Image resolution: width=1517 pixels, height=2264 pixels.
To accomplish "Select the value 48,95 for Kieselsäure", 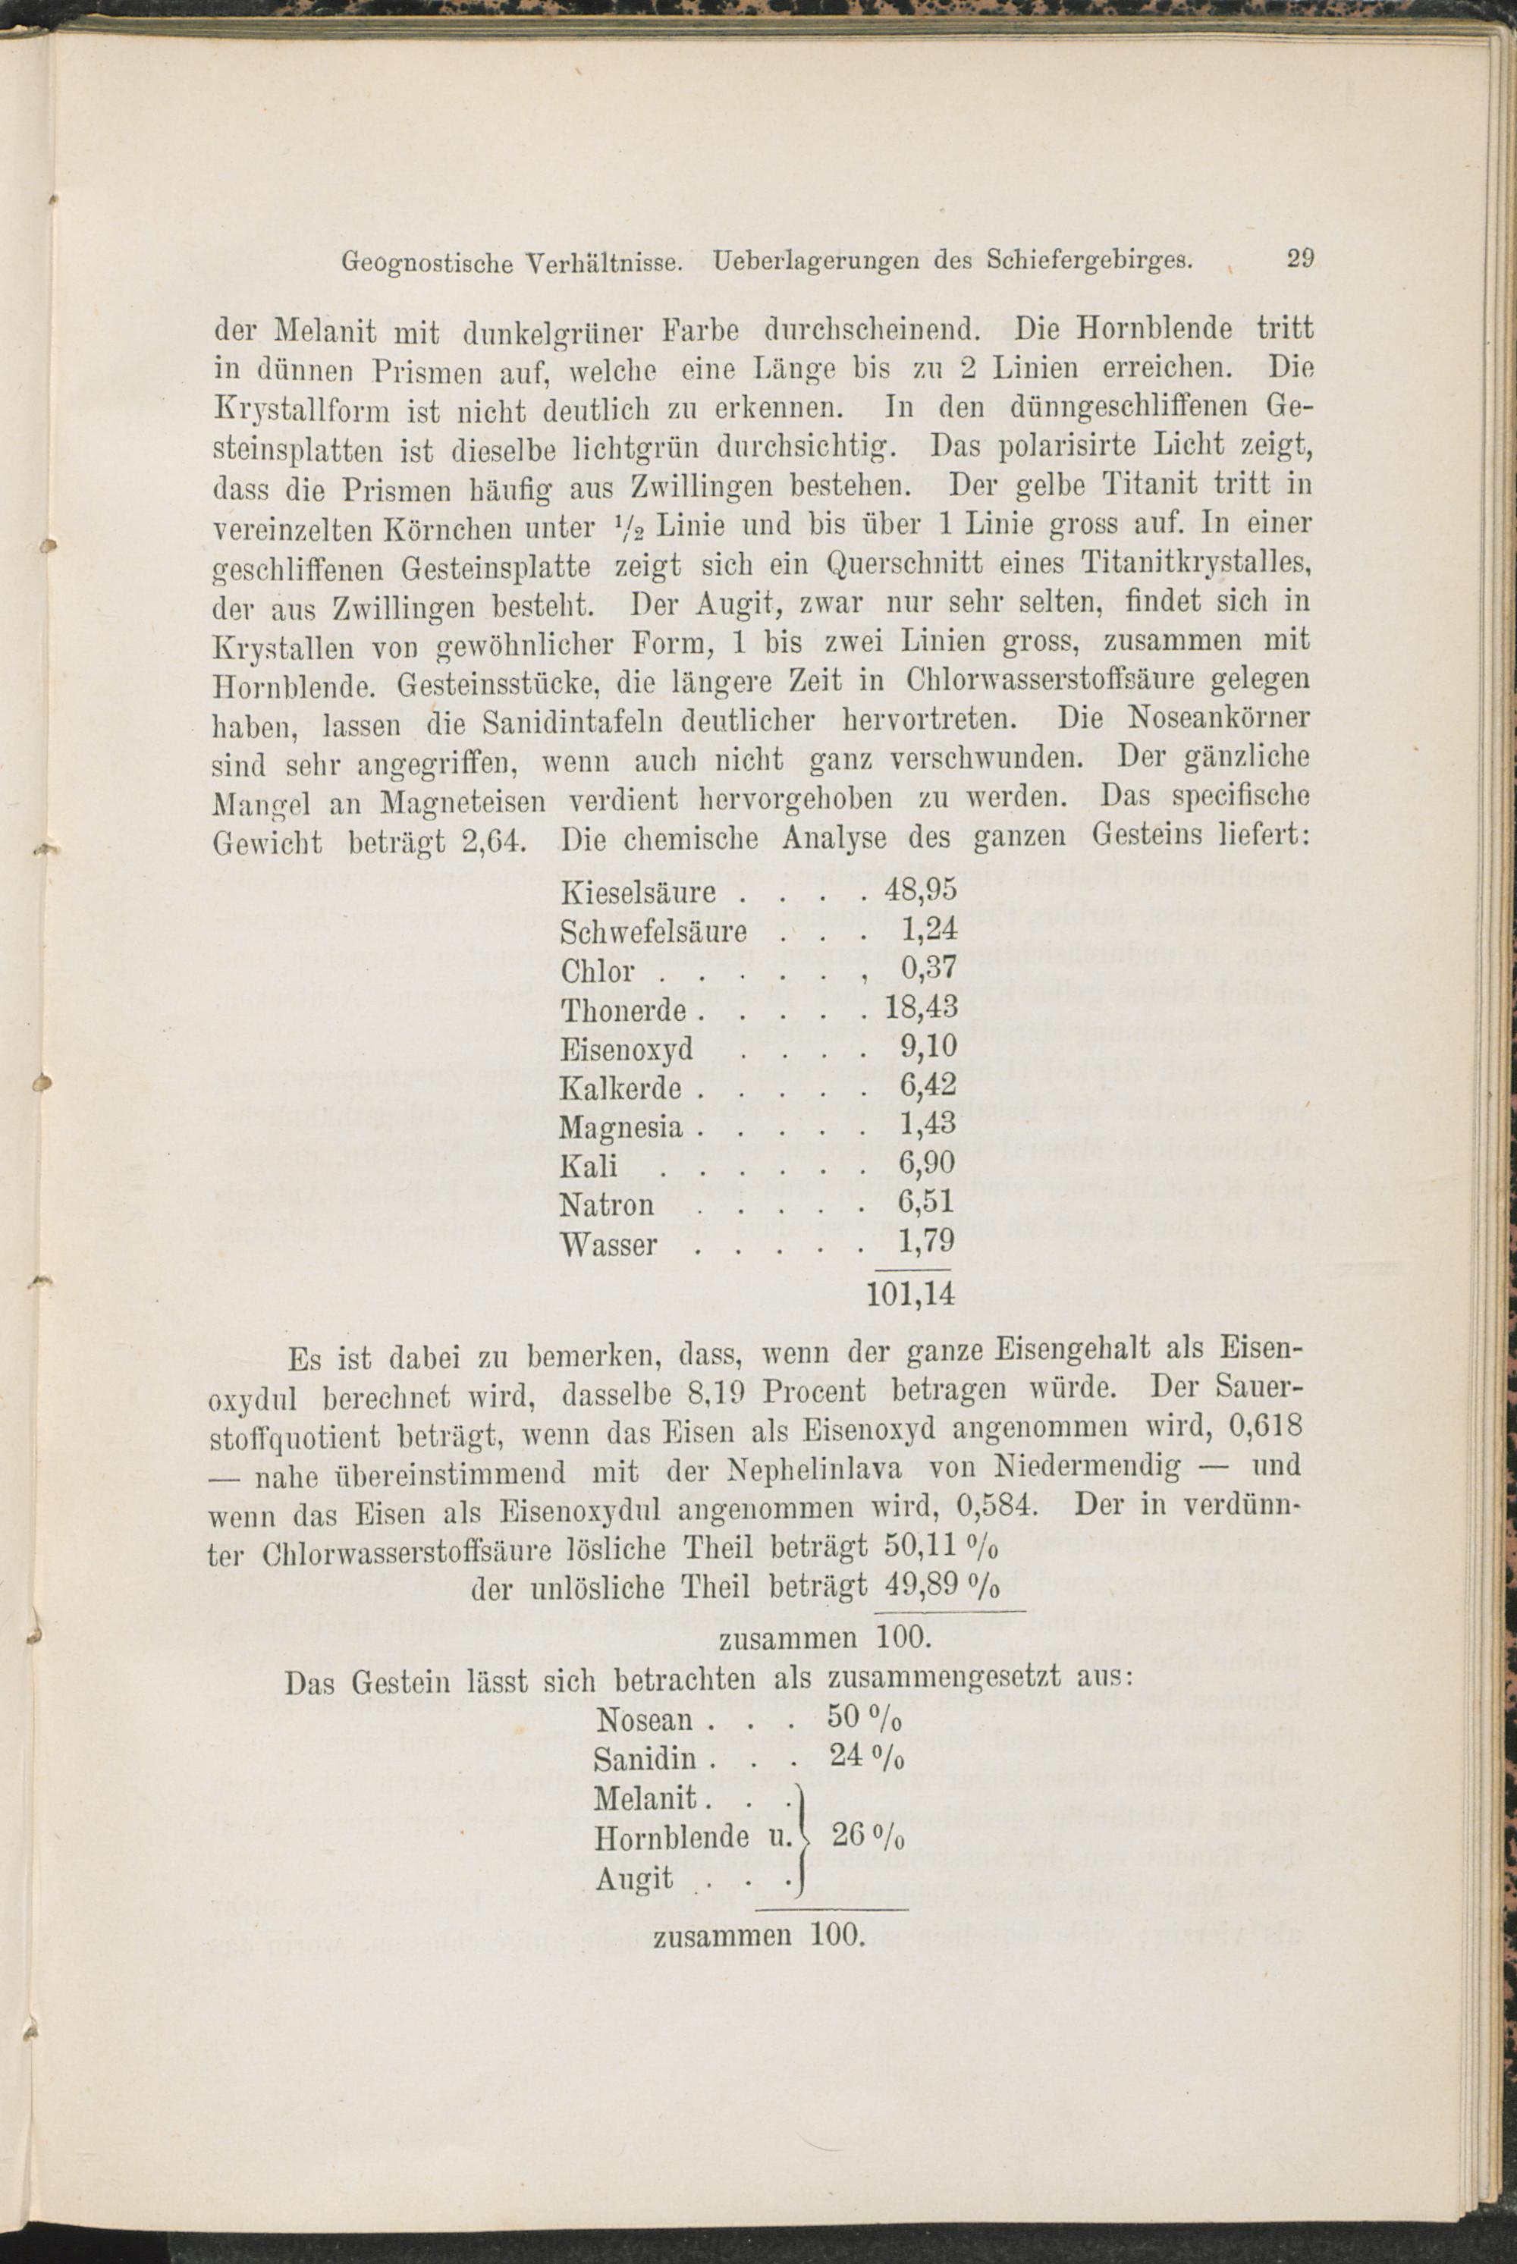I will [x=921, y=891].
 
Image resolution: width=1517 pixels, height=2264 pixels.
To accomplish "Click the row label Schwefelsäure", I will [x=653, y=931].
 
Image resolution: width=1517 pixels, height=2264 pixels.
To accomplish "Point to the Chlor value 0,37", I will [x=928, y=969].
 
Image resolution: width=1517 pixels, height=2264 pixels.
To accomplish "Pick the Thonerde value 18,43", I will [x=921, y=1007].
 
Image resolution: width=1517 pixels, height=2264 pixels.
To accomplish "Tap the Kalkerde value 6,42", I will [x=928, y=1085].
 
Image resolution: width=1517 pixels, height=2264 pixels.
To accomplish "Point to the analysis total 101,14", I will [x=912, y=1295].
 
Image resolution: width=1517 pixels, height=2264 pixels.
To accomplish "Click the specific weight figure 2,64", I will [x=494, y=839].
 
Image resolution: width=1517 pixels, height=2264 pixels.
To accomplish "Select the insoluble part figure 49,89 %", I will [x=941, y=1587].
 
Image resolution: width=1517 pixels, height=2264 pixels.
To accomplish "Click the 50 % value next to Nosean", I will [x=865, y=1716].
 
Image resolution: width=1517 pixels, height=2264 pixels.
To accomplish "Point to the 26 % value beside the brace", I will [x=868, y=1835].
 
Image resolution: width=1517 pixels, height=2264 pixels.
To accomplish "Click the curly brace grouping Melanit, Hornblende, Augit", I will [x=801, y=1835].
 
